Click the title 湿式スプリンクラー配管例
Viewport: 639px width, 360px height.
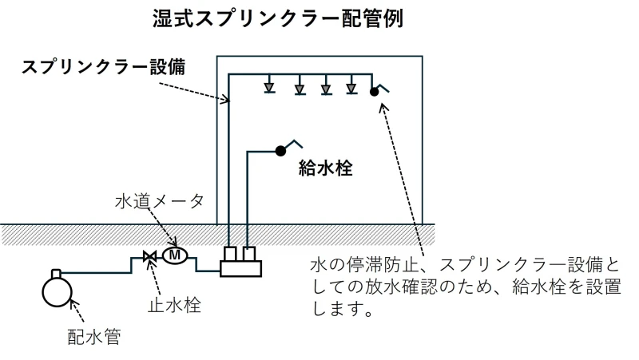click(278, 18)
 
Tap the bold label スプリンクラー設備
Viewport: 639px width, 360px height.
click(104, 67)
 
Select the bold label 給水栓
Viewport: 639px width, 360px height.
click(326, 168)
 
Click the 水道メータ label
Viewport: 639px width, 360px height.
click(159, 201)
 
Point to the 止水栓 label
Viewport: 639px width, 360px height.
click(174, 306)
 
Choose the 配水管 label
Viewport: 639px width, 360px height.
click(94, 337)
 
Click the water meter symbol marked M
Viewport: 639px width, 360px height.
click(175, 255)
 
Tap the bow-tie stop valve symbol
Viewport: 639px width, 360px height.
click(149, 256)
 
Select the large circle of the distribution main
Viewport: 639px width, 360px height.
click(57, 291)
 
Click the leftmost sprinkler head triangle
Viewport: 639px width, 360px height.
click(269, 87)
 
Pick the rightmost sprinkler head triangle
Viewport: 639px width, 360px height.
click(351, 88)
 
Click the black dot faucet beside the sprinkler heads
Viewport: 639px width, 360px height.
click(374, 92)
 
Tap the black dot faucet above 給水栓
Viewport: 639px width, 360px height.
click(280, 151)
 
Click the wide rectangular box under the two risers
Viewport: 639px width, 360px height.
click(241, 269)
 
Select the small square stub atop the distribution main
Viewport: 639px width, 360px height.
click(56, 273)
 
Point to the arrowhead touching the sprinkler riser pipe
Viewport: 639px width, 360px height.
click(226, 99)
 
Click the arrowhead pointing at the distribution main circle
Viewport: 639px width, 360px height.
click(74, 303)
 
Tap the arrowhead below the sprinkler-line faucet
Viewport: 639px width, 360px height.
click(383, 107)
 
